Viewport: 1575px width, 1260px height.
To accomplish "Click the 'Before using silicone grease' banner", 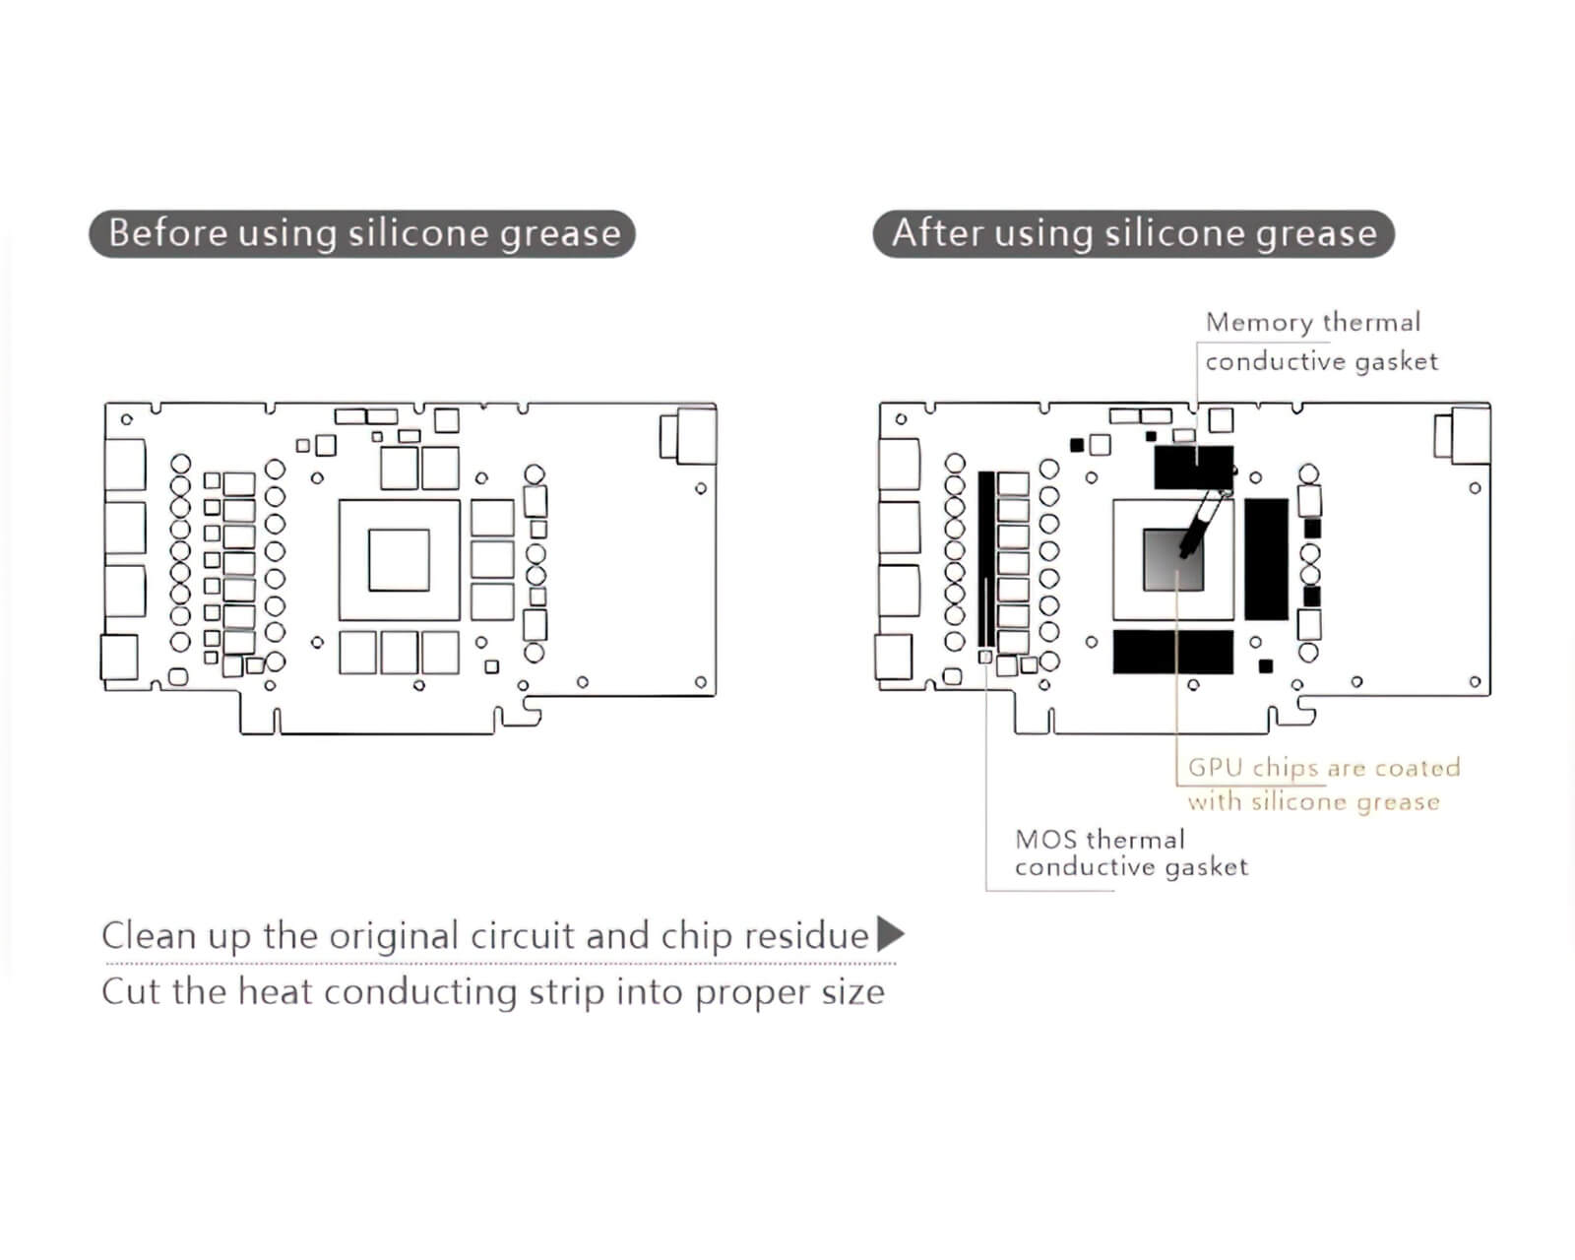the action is pos(361,233).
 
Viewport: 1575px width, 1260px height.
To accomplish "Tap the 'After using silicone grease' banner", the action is pos(1134,233).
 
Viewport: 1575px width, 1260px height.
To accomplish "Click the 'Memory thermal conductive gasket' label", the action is pos(1321,342).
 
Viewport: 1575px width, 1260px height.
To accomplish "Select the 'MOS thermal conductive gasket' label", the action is pos(1131,852).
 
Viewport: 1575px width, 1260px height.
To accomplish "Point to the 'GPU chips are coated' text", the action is pos(1324,767).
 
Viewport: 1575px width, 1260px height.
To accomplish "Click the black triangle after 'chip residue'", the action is pos(891,933).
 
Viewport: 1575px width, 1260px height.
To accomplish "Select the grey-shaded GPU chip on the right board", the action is pos(1173,560).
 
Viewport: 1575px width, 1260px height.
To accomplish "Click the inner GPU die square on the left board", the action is pos(399,560).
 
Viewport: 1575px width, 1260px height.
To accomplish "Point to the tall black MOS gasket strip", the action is pos(986,559).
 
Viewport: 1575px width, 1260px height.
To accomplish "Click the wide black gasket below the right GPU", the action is pos(1173,652).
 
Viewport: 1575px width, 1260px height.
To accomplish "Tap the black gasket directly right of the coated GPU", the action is pos(1267,559).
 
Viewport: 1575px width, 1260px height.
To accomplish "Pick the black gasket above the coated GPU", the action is pos(1194,468).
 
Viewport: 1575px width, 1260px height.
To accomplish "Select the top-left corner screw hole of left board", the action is pos(127,419).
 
